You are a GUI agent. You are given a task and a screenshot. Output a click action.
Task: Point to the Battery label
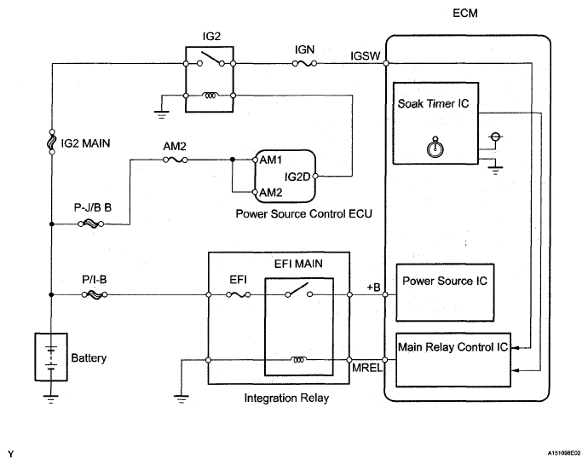pos(88,358)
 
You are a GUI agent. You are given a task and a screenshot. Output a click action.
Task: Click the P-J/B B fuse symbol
pos(91,224)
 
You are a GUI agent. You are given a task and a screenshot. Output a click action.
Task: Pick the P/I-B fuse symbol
pos(91,296)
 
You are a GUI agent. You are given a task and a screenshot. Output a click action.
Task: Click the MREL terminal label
pos(366,368)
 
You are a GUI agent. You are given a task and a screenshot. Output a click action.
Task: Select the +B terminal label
pos(372,287)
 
